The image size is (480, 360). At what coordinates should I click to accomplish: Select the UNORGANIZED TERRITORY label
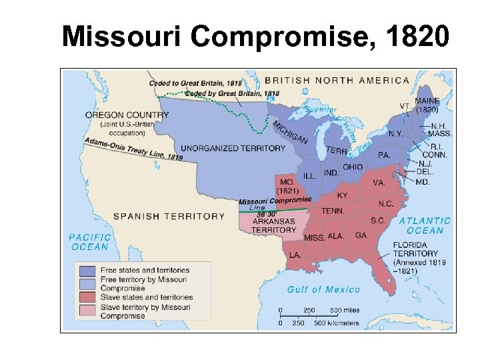(233, 148)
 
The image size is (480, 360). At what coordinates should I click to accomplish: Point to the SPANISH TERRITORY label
(169, 216)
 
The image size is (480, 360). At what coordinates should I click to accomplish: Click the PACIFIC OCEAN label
(89, 241)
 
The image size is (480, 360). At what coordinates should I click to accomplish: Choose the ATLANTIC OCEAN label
(425, 225)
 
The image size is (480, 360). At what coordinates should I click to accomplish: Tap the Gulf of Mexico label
(323, 289)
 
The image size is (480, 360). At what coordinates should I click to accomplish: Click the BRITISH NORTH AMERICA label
(337, 80)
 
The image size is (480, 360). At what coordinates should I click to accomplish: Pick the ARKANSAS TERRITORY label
(274, 225)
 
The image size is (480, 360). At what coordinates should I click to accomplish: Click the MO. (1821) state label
(288, 186)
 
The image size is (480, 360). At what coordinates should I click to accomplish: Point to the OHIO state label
(353, 167)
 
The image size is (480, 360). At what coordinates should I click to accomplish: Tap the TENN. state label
(333, 211)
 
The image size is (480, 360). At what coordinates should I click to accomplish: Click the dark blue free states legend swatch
(87, 271)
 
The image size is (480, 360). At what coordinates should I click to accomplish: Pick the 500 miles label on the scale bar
(345, 310)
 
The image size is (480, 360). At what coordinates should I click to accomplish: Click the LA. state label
(295, 255)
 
